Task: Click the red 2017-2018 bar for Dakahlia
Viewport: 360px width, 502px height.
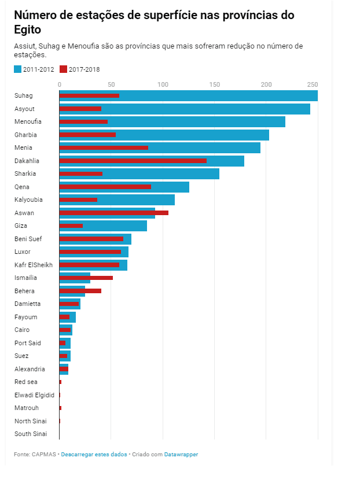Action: point(133,161)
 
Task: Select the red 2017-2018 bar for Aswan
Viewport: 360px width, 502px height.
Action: point(113,213)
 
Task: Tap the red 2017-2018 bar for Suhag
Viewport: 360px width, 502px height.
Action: point(89,95)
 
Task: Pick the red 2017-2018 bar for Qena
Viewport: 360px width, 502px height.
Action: point(105,187)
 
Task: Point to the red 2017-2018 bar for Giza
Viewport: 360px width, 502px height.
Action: point(71,226)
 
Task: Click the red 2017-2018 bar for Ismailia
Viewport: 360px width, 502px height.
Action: point(86,278)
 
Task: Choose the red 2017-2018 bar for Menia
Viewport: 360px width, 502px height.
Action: point(104,147)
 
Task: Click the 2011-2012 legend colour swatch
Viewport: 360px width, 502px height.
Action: point(17,69)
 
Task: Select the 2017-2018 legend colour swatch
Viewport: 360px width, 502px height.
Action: point(64,69)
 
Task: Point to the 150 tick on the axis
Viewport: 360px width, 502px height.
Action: point(215,84)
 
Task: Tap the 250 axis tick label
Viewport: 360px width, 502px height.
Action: point(313,84)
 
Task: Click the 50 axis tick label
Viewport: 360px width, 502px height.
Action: point(111,84)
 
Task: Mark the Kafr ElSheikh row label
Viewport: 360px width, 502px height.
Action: point(34,265)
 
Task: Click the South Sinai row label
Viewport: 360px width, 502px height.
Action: point(31,434)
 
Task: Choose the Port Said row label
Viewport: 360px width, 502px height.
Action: point(28,343)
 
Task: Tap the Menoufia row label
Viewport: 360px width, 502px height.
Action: point(28,121)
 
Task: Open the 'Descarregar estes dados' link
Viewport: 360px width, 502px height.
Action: point(94,455)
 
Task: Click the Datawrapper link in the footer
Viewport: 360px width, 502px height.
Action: point(181,455)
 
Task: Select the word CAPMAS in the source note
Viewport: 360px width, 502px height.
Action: point(45,455)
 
